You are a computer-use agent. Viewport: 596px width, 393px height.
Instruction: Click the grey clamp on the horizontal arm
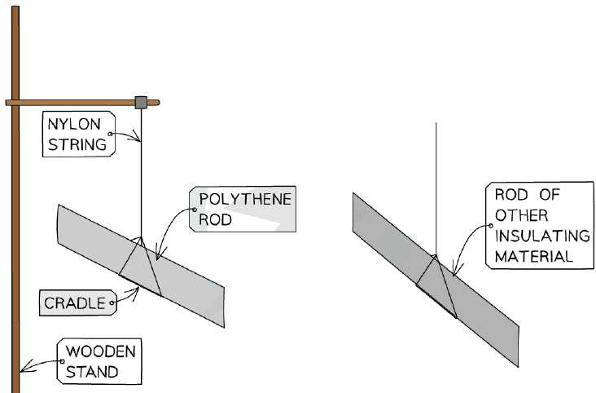pyautogui.click(x=141, y=103)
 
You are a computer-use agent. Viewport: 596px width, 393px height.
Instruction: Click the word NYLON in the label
pyautogui.click(x=75, y=124)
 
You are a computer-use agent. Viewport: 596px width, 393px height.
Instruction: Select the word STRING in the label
pyautogui.click(x=77, y=144)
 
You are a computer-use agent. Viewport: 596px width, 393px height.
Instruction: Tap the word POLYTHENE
pyautogui.click(x=245, y=199)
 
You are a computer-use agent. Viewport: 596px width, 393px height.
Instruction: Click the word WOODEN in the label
pyautogui.click(x=101, y=351)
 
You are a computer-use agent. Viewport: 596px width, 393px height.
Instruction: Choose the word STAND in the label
pyautogui.click(x=92, y=372)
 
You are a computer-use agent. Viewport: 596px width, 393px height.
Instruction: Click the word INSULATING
pyautogui.click(x=542, y=236)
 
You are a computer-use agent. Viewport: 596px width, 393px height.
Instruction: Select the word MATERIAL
pyautogui.click(x=533, y=257)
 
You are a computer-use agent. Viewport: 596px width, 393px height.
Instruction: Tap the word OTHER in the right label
pyautogui.click(x=521, y=215)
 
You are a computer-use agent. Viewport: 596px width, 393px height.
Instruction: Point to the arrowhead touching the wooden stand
pyautogui.click(x=24, y=366)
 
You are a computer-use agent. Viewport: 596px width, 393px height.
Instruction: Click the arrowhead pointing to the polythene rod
pyautogui.click(x=160, y=254)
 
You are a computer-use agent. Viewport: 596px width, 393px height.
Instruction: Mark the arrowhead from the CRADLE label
pyautogui.click(x=135, y=293)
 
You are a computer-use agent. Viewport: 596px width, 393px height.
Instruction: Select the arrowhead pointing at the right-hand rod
pyautogui.click(x=455, y=270)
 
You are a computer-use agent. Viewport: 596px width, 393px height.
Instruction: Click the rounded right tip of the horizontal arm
pyautogui.click(x=157, y=103)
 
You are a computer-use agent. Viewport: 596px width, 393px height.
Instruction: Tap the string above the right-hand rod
pyautogui.click(x=436, y=189)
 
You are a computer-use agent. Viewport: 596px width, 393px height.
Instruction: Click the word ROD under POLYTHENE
pyautogui.click(x=216, y=219)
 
